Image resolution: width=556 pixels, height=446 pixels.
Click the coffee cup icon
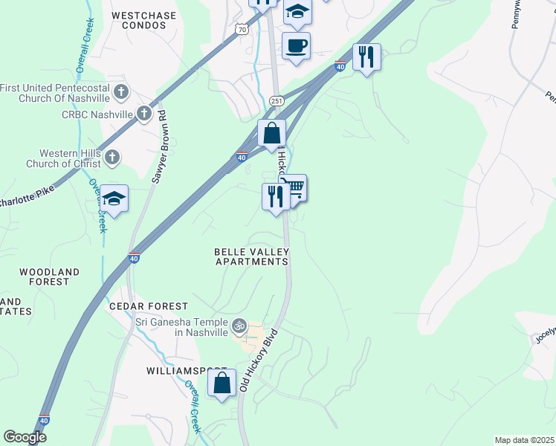point(295,46)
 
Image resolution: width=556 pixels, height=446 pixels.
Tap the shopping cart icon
point(294,187)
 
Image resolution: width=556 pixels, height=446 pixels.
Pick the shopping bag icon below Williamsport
point(222,384)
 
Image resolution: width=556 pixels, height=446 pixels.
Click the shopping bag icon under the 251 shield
point(272,134)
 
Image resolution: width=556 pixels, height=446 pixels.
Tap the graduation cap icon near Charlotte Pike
point(114,198)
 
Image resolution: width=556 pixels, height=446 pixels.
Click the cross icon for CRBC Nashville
point(144,114)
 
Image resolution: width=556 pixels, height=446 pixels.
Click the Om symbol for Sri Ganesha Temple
point(239,325)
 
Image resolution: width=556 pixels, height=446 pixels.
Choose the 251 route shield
point(277,100)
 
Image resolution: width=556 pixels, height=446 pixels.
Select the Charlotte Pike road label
point(27,200)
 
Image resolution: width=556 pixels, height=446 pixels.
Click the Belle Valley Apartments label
point(251,257)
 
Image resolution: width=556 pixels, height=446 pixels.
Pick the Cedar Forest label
point(149,306)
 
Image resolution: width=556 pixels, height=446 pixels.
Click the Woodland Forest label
point(49,277)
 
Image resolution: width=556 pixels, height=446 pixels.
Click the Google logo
point(25,437)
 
